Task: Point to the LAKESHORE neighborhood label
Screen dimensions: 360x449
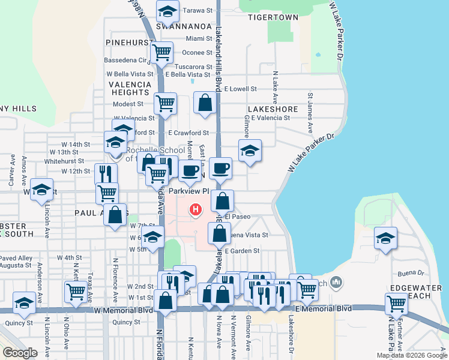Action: pyautogui.click(x=272, y=109)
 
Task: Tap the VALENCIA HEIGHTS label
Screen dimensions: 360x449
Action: pyautogui.click(x=130, y=88)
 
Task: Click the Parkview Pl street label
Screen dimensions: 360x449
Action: pyautogui.click(x=187, y=191)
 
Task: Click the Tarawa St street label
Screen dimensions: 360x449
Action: pyautogui.click(x=198, y=10)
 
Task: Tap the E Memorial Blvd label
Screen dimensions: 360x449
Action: pyautogui.click(x=320, y=308)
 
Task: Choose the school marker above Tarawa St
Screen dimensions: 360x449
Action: pyautogui.click(x=167, y=10)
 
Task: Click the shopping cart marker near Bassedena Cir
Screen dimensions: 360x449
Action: pyautogui.click(x=161, y=53)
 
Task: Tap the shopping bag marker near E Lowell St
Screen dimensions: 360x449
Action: pyautogui.click(x=205, y=103)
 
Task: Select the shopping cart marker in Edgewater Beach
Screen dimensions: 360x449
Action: pyautogui.click(x=396, y=304)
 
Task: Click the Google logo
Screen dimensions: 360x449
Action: pyautogui.click(x=20, y=353)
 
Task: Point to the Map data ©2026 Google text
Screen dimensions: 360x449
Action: pyautogui.click(x=411, y=355)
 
